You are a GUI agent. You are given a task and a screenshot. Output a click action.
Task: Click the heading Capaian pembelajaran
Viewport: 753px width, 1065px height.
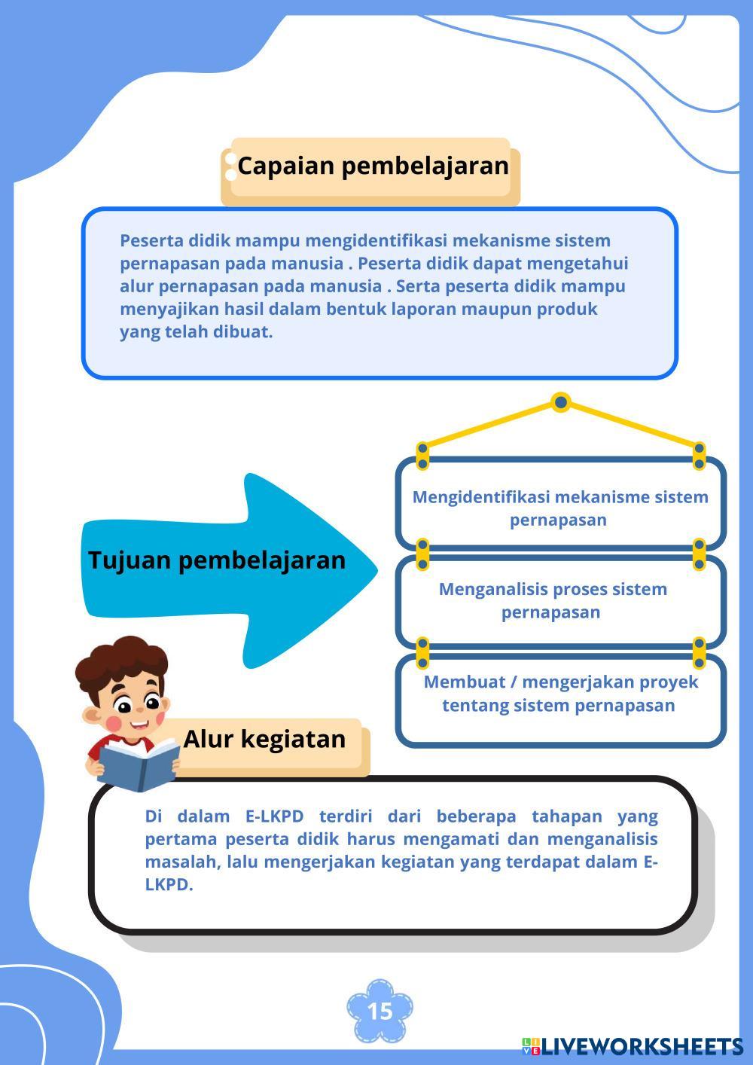[x=373, y=166]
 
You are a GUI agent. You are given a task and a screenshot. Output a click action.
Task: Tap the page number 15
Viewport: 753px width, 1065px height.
[x=380, y=1011]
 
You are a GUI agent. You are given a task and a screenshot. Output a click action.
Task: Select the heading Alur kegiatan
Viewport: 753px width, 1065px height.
[x=264, y=739]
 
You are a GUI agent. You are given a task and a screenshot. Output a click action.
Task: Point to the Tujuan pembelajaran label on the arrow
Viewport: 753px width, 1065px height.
[x=217, y=560]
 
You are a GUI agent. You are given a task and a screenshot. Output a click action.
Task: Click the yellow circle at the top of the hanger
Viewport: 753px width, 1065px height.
[x=560, y=402]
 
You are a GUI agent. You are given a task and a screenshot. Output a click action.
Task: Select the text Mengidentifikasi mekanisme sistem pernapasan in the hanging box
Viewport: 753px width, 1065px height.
[x=560, y=508]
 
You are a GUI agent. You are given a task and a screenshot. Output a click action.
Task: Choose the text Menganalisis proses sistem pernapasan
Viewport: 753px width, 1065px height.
[x=553, y=600]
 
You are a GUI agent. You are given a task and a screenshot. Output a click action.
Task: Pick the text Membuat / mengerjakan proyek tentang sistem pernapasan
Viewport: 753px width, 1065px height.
[x=560, y=694]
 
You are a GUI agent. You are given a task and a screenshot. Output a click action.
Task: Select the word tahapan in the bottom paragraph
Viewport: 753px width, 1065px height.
[x=567, y=816]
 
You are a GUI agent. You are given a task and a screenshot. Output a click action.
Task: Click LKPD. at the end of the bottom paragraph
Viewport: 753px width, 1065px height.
[x=169, y=885]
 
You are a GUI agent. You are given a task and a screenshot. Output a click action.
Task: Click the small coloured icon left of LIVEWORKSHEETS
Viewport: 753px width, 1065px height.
[x=531, y=1046]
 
